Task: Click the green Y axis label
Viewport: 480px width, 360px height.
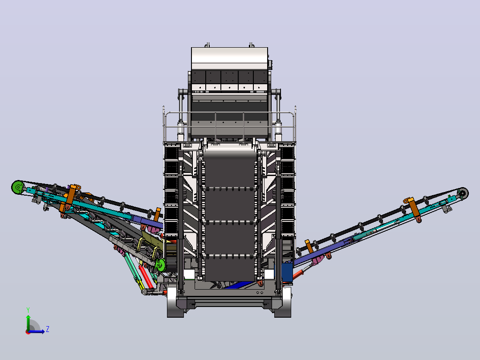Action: pos(28,310)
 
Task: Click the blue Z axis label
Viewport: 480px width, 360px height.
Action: pos(48,329)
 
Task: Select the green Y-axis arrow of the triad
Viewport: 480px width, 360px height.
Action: pos(28,323)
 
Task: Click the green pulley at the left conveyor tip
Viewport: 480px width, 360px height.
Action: pos(18,187)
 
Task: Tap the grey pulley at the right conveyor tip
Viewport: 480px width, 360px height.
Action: pos(463,193)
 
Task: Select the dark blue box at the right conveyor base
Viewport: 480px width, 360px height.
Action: pos(287,272)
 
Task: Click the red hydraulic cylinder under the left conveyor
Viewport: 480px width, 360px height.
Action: pos(146,277)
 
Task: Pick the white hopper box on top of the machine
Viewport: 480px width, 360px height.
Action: pos(229,58)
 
